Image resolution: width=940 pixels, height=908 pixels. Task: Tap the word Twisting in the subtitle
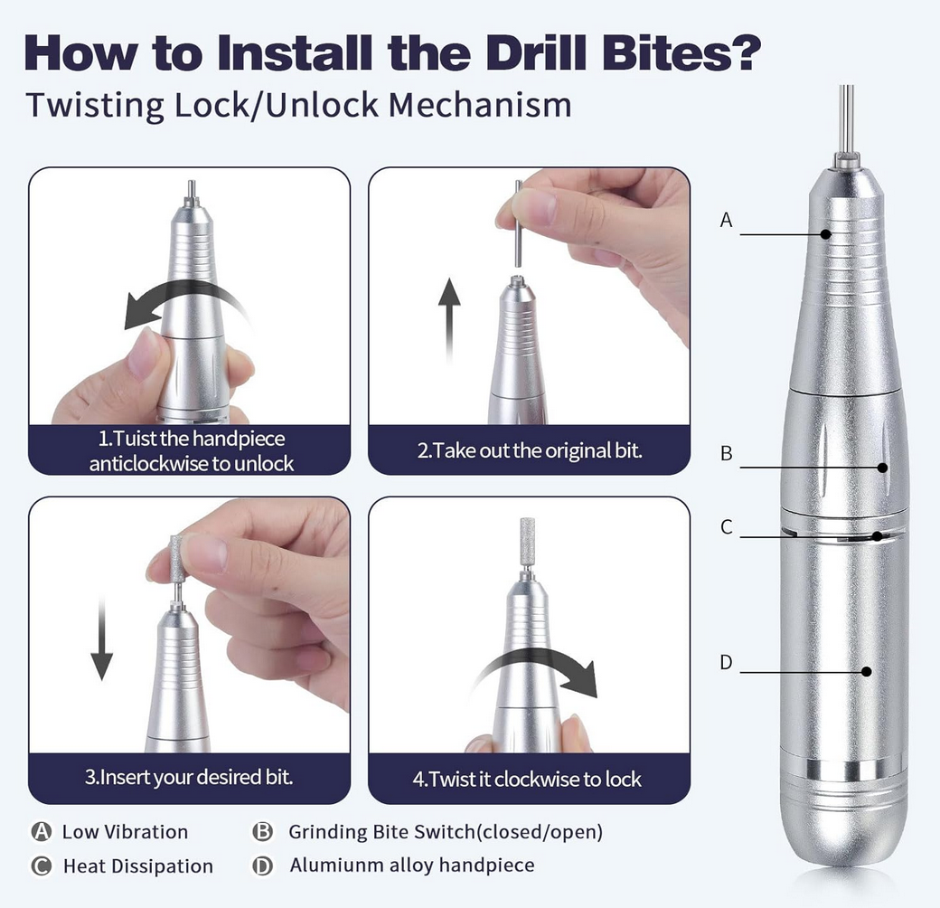92,105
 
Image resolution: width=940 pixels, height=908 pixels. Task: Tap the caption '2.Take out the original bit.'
530,450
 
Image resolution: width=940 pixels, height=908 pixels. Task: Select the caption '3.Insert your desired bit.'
189,777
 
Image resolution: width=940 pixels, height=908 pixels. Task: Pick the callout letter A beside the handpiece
726,220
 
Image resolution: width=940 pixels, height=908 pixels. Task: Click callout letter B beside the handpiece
726,454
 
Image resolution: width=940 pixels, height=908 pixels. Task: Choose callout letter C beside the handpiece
726,527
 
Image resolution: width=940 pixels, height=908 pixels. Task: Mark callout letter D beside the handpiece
726,662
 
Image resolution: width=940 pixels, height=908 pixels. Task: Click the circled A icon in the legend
41,832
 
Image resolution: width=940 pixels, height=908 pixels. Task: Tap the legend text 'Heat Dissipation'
137,866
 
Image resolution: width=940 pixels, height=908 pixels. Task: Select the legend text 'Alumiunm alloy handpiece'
412,865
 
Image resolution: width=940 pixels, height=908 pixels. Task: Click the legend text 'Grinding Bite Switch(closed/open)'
445,832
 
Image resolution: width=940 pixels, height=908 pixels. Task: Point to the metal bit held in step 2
518,222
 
